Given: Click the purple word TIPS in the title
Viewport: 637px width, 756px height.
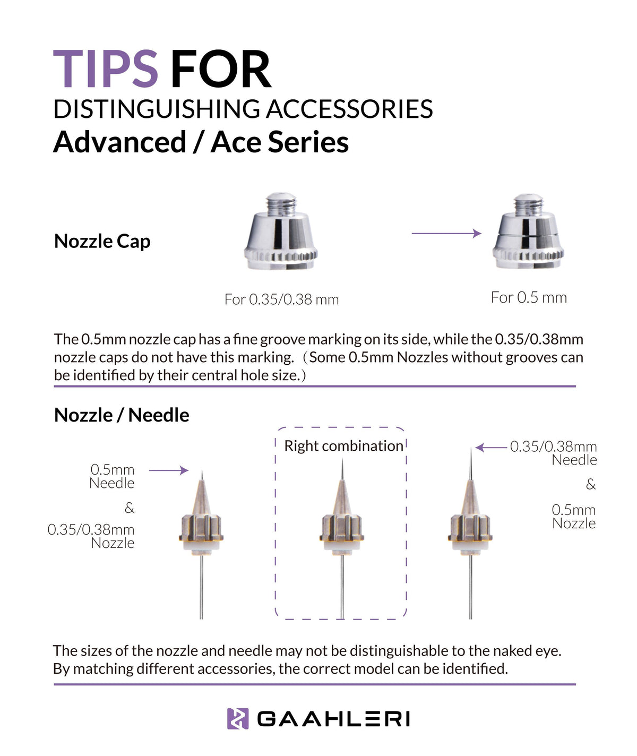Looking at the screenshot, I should tap(106, 69).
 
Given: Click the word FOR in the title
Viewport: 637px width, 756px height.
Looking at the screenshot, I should tap(220, 69).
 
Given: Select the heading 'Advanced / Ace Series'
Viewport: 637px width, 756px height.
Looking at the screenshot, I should tap(201, 142).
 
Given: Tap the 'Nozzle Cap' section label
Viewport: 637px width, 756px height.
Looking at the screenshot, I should tap(102, 241).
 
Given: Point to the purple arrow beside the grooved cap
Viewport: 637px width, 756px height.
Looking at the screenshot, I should tap(446, 233).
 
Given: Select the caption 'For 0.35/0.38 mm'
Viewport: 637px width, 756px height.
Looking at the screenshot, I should tap(281, 299).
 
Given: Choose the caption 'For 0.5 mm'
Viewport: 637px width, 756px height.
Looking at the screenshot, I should tap(529, 297).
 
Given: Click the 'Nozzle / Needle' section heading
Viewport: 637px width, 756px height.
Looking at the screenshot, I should tap(122, 415).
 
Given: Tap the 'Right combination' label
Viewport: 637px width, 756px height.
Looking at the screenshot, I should tap(343, 445).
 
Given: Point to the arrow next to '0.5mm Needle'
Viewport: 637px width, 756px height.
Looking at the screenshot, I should tap(168, 470).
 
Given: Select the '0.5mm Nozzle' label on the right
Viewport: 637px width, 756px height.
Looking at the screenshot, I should tap(573, 517).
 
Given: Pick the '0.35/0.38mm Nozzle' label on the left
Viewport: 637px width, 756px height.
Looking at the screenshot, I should tap(91, 536).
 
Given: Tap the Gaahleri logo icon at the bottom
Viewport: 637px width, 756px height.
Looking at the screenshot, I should tap(237, 719).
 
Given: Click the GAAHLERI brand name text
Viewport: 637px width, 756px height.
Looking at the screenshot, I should tap(333, 719).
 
